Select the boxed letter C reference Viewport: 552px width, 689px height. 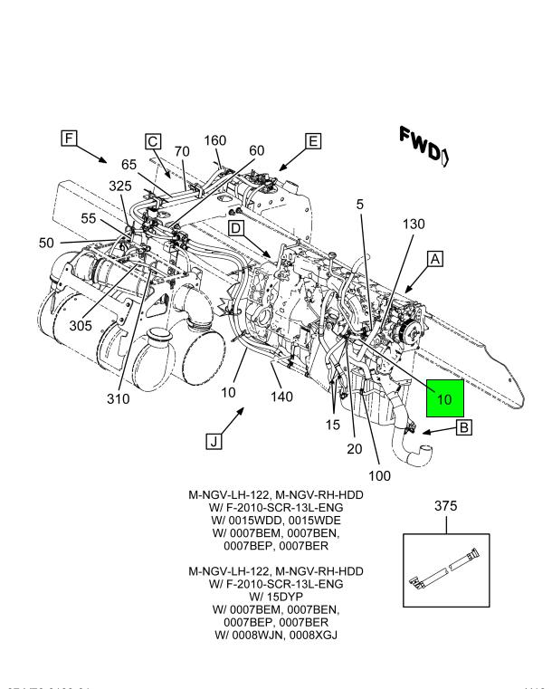coord(153,140)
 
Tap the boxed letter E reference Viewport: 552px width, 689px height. coord(313,140)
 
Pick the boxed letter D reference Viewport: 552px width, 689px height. coord(235,229)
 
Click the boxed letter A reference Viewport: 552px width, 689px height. coord(435,259)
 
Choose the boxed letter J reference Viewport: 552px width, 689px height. coord(214,441)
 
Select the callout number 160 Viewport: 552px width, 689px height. coord(215,140)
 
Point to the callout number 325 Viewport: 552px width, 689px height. coord(120,186)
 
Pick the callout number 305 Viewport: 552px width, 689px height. coord(79,325)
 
